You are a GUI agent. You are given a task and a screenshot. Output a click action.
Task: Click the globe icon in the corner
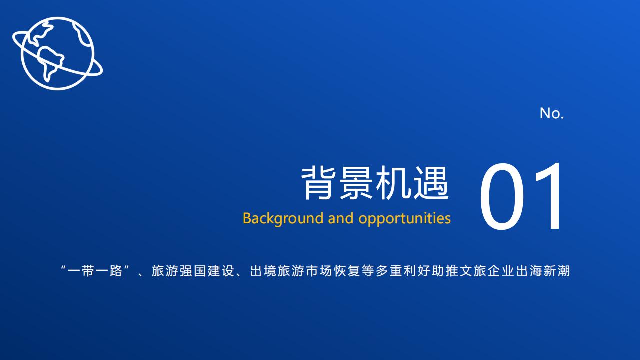57,53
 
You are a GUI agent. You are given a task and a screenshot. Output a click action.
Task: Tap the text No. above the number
551,113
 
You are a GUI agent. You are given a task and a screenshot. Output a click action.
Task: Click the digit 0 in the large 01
502,196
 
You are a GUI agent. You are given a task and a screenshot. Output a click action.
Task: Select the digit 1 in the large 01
549,196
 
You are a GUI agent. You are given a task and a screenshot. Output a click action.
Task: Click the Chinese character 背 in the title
318,183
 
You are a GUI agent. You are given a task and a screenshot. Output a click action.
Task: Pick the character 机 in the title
393,183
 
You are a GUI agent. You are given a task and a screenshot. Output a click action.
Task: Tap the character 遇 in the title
431,183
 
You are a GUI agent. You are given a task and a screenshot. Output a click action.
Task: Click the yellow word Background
283,219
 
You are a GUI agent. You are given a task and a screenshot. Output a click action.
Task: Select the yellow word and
341,218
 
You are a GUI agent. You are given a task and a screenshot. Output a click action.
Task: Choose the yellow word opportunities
405,219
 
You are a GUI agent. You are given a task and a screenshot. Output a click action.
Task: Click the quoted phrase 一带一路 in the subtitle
95,271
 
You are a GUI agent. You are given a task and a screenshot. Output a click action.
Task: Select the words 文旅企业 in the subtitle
487,271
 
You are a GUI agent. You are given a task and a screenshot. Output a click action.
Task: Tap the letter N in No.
545,113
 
